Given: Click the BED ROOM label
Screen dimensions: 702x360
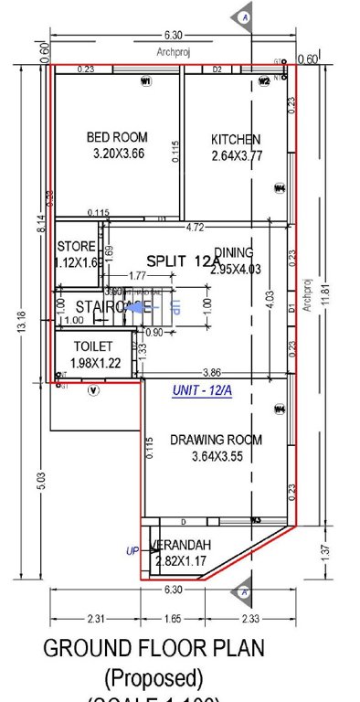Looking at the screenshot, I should (117, 137).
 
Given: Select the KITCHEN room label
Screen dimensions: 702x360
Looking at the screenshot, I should (236, 140).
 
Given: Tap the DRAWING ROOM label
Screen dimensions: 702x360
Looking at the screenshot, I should (216, 440).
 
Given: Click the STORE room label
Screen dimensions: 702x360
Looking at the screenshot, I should (75, 247).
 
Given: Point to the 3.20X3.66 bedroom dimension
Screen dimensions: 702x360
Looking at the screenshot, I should (119, 154).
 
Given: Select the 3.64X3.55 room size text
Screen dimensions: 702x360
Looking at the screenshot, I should (216, 457).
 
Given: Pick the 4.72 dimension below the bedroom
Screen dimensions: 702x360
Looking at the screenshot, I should (194, 226).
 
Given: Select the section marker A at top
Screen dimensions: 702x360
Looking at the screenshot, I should (244, 16).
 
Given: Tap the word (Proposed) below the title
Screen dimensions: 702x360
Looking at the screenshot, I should (153, 678).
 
